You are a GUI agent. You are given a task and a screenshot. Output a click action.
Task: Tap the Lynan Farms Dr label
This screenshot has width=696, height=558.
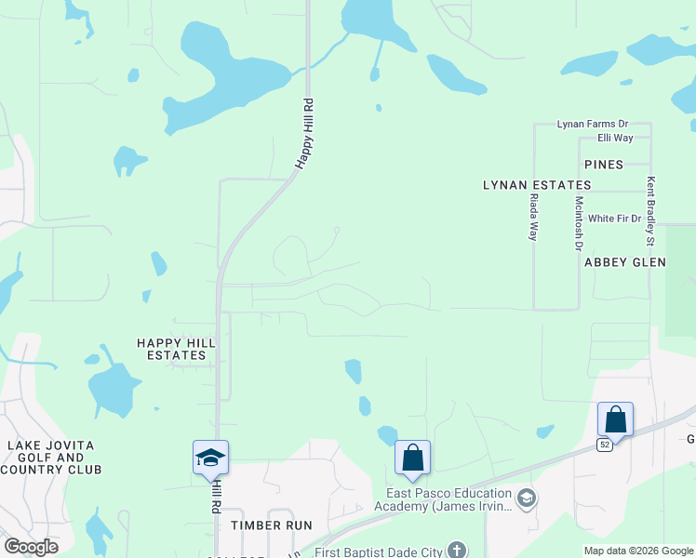[593, 124]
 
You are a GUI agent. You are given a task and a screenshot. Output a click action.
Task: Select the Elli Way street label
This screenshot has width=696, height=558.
[615, 138]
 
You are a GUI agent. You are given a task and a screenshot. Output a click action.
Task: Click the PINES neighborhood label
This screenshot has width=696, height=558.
[604, 165]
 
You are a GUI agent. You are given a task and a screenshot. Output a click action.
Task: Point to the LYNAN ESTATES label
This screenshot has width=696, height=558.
[537, 186]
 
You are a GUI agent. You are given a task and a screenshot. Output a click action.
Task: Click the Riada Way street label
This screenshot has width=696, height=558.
[534, 218]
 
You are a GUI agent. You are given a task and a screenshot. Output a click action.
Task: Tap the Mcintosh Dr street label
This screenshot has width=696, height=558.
[579, 223]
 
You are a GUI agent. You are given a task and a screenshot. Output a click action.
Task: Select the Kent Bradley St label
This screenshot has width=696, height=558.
[651, 213]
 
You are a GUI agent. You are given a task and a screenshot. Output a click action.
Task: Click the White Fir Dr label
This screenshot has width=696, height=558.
[615, 219]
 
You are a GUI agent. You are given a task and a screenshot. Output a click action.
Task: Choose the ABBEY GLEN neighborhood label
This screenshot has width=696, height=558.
[625, 262]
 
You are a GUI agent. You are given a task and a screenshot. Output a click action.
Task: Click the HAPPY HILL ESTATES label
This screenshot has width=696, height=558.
[177, 349]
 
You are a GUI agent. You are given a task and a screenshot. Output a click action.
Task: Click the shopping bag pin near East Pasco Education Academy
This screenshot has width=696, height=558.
[412, 458]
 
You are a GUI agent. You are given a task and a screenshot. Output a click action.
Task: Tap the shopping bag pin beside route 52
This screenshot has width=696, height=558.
[615, 419]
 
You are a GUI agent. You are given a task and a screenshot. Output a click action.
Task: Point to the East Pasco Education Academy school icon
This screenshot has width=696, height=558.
[526, 499]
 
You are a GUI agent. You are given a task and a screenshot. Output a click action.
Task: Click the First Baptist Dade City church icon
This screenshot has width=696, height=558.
[456, 551]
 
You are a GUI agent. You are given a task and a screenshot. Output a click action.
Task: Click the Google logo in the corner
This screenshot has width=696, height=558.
[31, 547]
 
